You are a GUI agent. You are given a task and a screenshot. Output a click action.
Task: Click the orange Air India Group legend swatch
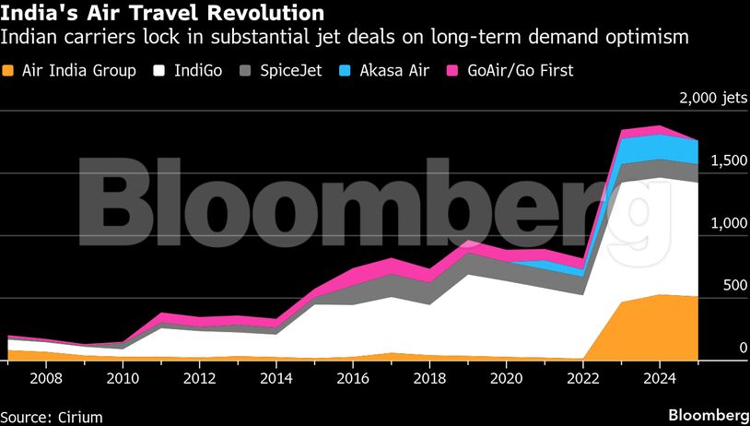click(11, 70)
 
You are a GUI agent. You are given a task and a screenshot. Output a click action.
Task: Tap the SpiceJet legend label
click(291, 70)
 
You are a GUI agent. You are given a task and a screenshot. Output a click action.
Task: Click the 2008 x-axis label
click(47, 378)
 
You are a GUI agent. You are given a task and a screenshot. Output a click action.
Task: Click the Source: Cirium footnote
click(52, 417)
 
